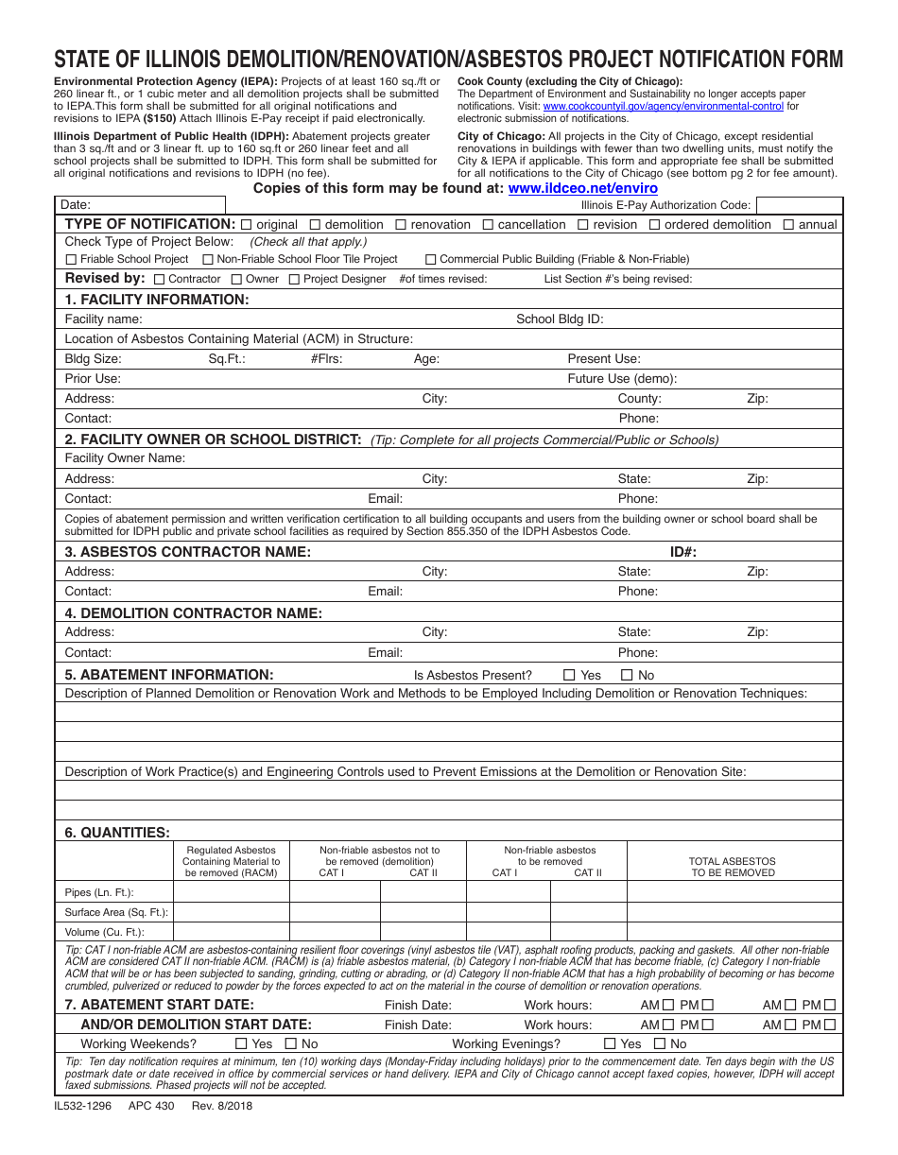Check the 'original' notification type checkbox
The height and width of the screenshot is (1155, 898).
click(247, 225)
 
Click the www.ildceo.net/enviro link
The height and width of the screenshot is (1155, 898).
click(582, 188)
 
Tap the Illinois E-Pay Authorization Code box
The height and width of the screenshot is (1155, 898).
click(800, 204)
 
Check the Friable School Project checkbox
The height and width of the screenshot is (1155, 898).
click(71, 259)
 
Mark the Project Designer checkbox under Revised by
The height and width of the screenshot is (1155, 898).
click(294, 279)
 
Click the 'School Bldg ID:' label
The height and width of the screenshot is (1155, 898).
click(560, 319)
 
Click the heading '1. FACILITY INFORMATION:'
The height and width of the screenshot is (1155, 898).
click(157, 300)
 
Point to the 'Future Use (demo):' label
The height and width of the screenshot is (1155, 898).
click(622, 379)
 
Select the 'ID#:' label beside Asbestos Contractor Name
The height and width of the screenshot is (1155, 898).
click(683, 552)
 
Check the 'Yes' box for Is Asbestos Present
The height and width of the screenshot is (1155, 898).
click(569, 675)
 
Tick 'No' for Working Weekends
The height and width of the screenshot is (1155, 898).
click(290, 1043)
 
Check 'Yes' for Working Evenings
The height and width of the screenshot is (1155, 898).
click(610, 1043)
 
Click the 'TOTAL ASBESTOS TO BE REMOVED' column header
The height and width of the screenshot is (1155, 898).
click(733, 867)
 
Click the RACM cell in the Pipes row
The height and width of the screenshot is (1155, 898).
click(231, 892)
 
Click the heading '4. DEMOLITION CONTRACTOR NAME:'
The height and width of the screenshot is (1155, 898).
click(194, 613)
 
